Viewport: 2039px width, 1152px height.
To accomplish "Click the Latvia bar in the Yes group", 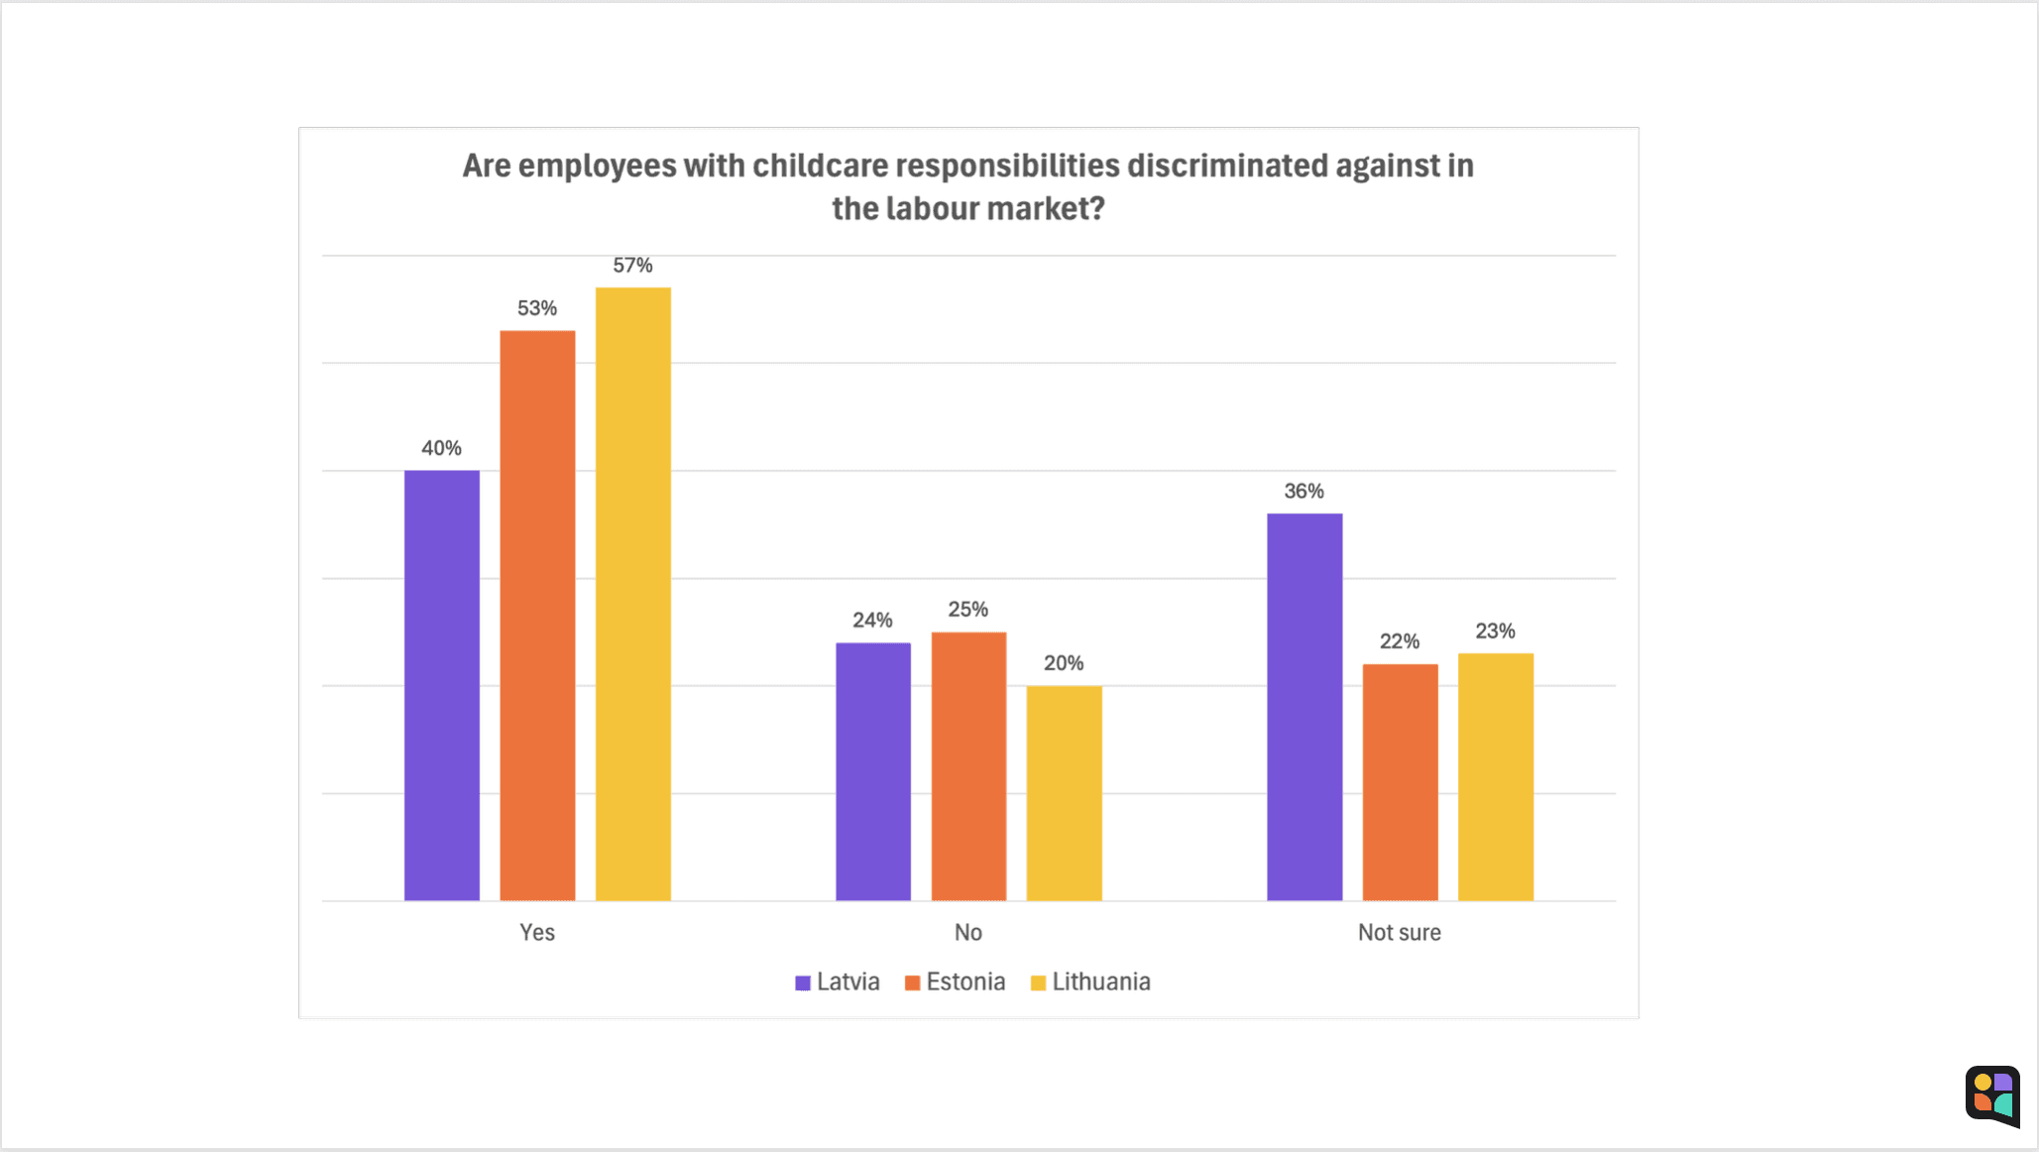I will pyautogui.click(x=441, y=685).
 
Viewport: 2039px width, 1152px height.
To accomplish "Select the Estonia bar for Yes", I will pyautogui.click(x=537, y=615).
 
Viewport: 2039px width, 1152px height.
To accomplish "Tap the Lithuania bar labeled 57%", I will pyautogui.click(x=632, y=594).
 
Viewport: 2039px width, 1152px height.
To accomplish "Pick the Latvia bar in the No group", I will pyautogui.click(x=872, y=771).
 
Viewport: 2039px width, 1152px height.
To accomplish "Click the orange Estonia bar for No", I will pyautogui.click(x=968, y=765).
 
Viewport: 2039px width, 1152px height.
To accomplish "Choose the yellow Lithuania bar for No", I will pyautogui.click(x=1064, y=792).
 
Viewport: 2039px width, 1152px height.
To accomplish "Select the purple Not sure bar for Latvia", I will pyautogui.click(x=1304, y=707).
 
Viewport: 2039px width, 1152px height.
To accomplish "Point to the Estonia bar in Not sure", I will pyautogui.click(x=1400, y=781).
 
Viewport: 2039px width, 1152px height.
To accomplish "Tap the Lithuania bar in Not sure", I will pyautogui.click(x=1495, y=776).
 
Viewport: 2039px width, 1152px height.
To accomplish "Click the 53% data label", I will pyautogui.click(x=537, y=308).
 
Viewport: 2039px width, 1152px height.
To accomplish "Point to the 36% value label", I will pyautogui.click(x=1304, y=491).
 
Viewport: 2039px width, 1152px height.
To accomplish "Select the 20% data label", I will pyautogui.click(x=1064, y=663).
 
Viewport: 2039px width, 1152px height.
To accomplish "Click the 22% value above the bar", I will pyautogui.click(x=1400, y=641).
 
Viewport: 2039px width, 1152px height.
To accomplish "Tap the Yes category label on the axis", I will pyautogui.click(x=537, y=932).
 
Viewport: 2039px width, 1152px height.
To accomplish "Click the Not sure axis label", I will pyautogui.click(x=1399, y=932).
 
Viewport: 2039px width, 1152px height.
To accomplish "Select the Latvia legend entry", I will pyautogui.click(x=838, y=982).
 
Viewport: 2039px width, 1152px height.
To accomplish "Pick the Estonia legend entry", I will pyautogui.click(x=955, y=982).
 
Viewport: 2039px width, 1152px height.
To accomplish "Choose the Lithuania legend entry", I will pyautogui.click(x=1090, y=982).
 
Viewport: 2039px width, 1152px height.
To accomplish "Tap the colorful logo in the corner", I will pyautogui.click(x=1992, y=1095).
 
